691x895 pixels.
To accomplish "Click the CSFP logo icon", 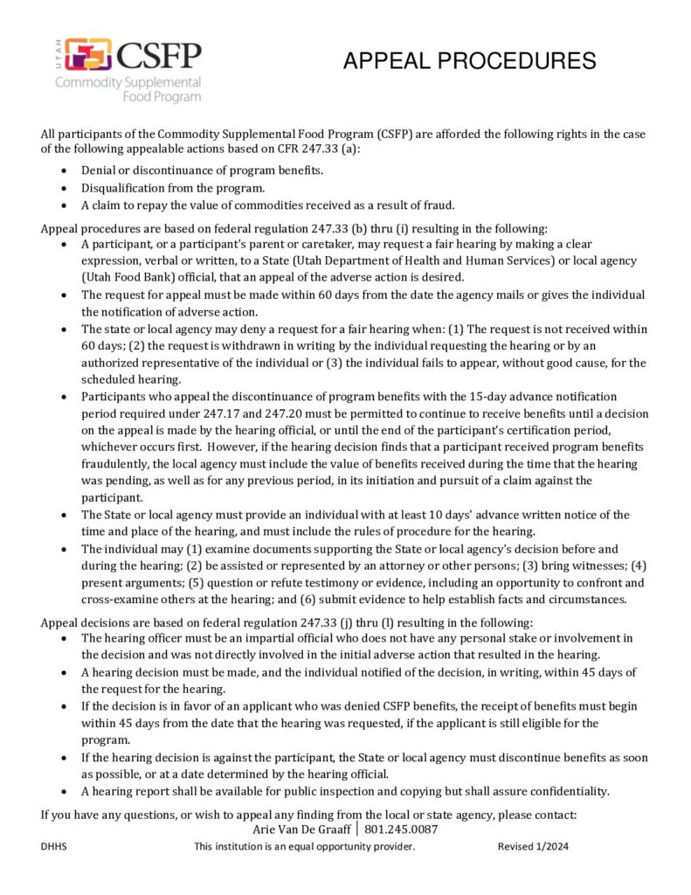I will [x=87, y=55].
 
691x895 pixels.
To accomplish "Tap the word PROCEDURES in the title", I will [x=522, y=61].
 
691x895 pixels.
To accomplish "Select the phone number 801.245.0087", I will [x=401, y=829].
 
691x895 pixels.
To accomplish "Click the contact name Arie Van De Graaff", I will [x=303, y=829].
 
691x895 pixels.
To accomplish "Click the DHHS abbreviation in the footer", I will [x=54, y=847].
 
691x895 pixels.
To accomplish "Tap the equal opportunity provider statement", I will [x=304, y=847].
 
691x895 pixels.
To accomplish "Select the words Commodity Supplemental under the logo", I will [x=128, y=83].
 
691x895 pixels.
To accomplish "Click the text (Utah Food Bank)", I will [x=122, y=277].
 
